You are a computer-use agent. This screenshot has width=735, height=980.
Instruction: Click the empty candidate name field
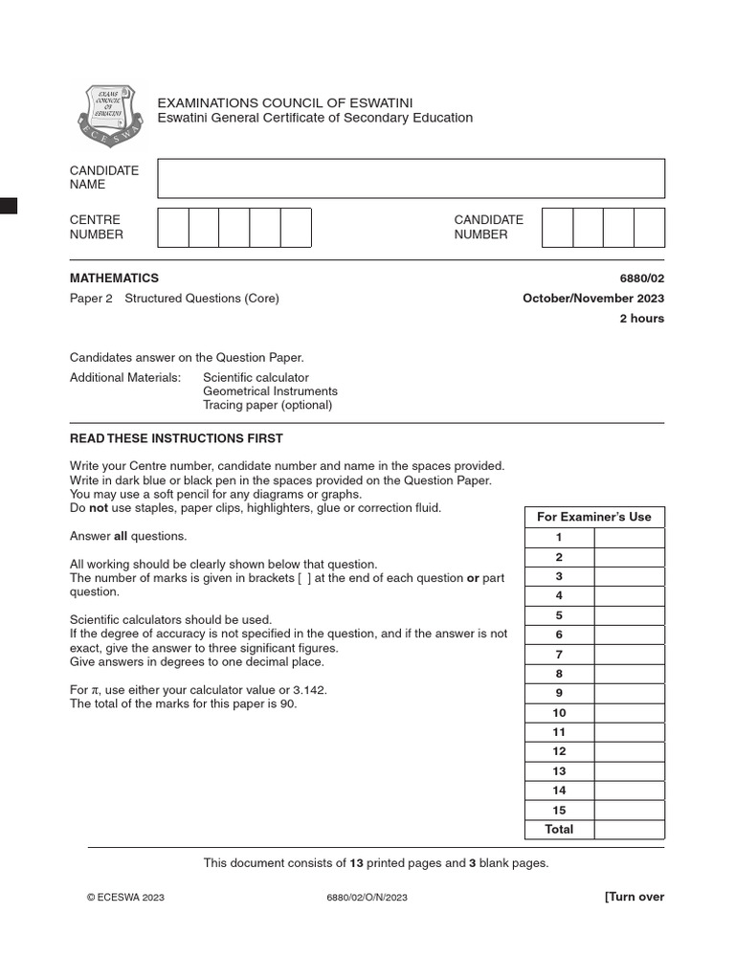pos(411,178)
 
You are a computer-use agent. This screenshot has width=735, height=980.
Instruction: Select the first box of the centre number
pos(173,228)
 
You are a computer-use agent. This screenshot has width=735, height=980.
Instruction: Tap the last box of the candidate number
pos(649,228)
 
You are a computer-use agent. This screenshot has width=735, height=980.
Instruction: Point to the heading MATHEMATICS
pos(114,278)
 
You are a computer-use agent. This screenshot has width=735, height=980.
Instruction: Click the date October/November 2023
pos(593,299)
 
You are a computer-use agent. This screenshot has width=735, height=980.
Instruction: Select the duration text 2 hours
pos(641,319)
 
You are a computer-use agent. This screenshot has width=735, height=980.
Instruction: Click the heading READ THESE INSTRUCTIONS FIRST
pos(176,439)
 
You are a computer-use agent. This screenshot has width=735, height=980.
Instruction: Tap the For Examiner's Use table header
pos(593,517)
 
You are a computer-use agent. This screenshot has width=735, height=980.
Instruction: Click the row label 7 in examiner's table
pos(559,655)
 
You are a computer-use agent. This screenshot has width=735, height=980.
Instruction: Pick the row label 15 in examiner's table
pos(559,810)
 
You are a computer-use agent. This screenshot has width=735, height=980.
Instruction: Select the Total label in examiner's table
pos(559,830)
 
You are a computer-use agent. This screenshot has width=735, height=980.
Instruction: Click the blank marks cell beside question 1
pos(629,538)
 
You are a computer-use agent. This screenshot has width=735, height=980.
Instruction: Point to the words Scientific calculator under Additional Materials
pos(256,378)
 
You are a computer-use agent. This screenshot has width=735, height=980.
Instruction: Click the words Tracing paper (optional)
pos(267,405)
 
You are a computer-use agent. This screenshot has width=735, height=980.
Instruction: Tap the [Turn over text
pos(634,897)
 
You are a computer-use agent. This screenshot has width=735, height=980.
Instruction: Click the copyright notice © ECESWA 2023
pos(125,898)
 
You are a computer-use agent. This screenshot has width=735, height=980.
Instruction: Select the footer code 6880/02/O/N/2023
pos(367,898)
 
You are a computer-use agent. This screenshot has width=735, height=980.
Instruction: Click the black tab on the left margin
pos(9,205)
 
